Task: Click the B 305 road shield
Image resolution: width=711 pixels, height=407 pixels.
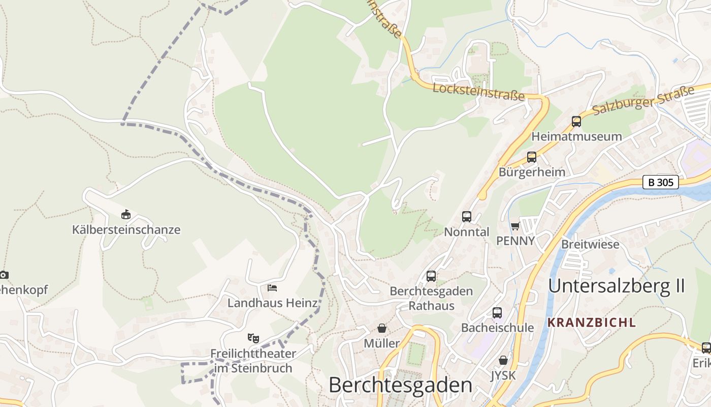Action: click(661, 182)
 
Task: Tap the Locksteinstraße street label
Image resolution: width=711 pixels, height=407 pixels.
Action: click(478, 92)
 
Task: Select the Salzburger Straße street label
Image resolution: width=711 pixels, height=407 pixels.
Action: click(643, 101)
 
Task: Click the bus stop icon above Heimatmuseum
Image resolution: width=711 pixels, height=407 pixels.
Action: click(576, 122)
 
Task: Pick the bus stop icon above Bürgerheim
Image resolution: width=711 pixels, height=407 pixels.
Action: click(532, 157)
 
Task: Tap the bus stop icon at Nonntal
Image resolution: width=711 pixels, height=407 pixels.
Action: click(467, 217)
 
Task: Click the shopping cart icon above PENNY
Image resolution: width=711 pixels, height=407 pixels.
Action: click(515, 226)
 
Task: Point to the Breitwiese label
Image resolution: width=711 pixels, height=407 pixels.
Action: click(590, 244)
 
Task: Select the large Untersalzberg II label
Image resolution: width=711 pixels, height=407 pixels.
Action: click(617, 286)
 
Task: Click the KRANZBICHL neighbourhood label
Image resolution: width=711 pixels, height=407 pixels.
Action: click(592, 323)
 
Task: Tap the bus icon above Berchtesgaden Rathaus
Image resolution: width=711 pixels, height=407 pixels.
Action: click(431, 276)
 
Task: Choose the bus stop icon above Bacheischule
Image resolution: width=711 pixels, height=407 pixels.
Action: click(497, 313)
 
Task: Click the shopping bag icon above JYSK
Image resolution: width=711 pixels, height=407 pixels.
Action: click(503, 360)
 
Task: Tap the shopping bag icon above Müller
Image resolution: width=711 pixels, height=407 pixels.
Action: click(382, 329)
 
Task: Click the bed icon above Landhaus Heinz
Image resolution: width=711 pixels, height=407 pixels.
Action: click(272, 288)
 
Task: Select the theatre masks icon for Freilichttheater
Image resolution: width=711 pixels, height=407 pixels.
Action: click(253, 338)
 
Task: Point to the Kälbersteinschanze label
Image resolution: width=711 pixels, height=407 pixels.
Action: click(126, 229)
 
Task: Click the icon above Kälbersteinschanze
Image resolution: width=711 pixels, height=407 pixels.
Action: click(126, 215)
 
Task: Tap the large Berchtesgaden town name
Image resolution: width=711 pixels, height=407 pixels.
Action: click(400, 385)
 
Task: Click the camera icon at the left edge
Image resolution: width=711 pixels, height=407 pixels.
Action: click(4, 275)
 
